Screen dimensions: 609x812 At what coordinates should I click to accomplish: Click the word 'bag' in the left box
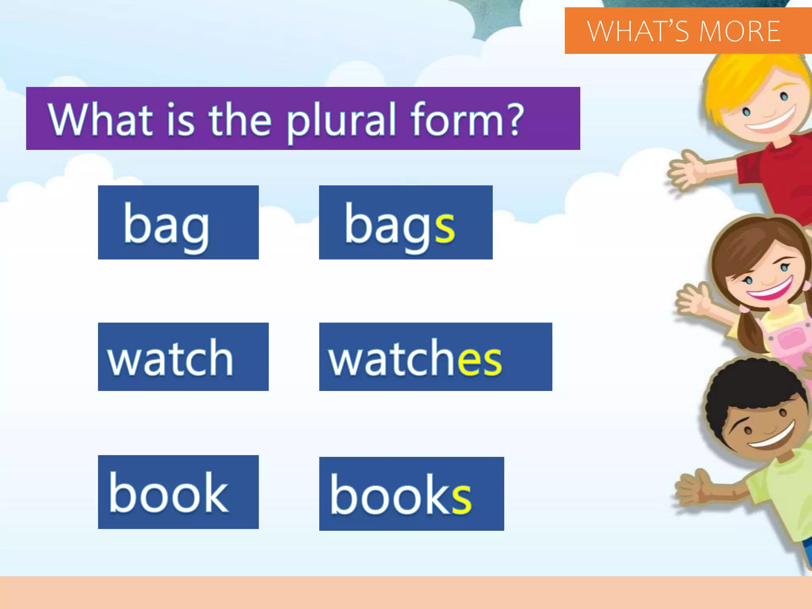click(166, 224)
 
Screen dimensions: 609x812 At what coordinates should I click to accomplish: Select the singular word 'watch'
click(170, 359)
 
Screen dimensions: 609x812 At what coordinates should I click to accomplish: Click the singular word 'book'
click(169, 494)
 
